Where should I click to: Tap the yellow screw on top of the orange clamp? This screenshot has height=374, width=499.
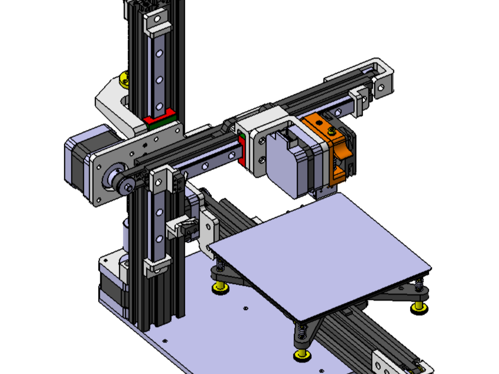click(x=322, y=123)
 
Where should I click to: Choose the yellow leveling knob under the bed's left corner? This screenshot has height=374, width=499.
click(x=220, y=288)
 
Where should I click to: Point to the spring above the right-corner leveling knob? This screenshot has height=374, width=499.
click(x=419, y=286)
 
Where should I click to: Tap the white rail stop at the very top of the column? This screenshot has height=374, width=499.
click(x=157, y=24)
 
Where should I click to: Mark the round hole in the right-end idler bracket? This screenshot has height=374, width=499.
click(x=381, y=87)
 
